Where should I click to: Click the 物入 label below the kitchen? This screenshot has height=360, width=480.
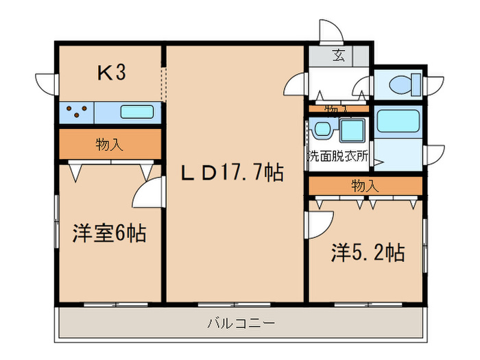(x=110, y=145)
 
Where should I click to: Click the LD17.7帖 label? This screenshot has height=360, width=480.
(x=233, y=173)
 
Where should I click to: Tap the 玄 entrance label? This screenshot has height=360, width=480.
(x=338, y=56)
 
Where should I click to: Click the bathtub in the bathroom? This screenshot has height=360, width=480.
(x=397, y=121)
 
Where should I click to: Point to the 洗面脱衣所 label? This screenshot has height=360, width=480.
(x=338, y=156)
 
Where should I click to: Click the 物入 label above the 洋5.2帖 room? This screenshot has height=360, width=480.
(x=364, y=186)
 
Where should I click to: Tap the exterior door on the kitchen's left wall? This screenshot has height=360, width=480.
(x=48, y=84)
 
